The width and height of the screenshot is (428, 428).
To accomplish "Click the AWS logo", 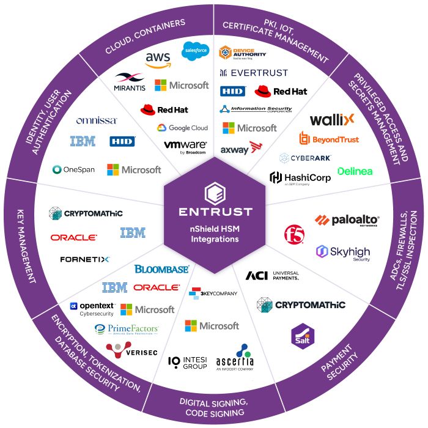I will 158,59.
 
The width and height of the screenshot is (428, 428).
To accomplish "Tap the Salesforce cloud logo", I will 196,50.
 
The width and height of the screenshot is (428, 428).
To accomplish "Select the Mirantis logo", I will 129,83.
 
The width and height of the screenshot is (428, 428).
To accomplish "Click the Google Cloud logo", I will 182,128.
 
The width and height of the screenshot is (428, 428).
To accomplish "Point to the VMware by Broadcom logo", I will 185,147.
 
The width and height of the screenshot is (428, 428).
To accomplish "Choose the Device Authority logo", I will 243,54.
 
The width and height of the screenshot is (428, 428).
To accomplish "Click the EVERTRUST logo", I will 253,73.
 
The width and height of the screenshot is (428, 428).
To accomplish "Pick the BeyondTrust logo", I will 328,139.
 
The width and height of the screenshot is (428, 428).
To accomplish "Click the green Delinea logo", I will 355,171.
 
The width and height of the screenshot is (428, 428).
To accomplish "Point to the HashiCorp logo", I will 300,178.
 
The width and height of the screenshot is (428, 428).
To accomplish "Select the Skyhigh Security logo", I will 343,252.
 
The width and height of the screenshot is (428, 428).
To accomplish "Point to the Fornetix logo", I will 84,259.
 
